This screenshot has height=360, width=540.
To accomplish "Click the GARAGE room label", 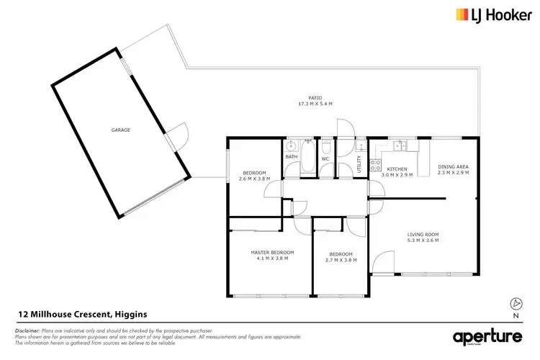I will [x=120, y=130].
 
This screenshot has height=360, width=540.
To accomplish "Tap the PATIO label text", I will [x=315, y=97].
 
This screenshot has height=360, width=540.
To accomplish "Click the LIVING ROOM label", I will [x=423, y=235].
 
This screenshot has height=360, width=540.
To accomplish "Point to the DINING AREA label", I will [x=453, y=166].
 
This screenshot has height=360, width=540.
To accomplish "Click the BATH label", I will [x=291, y=156].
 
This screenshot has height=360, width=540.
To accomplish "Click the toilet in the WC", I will [x=325, y=148].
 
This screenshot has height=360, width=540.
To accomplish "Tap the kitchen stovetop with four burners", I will [x=375, y=166].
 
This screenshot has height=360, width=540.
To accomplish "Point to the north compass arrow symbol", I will [x=515, y=302].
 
